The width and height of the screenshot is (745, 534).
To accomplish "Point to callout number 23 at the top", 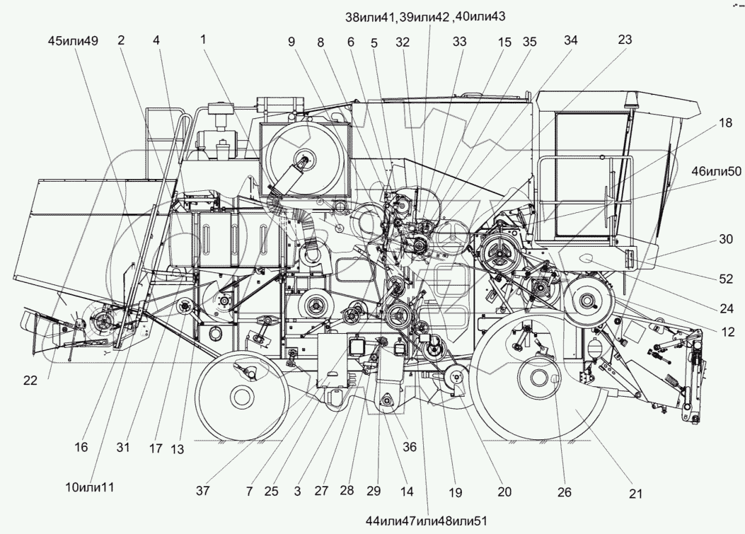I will point(624,42).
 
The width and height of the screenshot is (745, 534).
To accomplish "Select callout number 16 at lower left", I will point(81,446).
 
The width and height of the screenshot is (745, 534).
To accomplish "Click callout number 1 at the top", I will point(204,42).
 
